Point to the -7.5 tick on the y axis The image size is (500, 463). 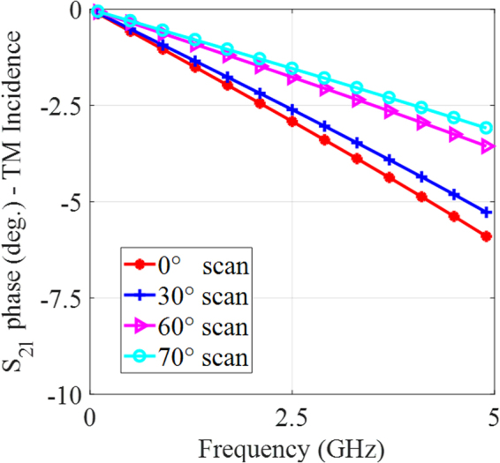tap(58, 297)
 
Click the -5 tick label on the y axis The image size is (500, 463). tap(71, 201)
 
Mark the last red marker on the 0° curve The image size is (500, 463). tap(486, 235)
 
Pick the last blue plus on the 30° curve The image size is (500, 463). tap(486, 212)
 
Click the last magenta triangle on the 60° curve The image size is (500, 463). tap(486, 146)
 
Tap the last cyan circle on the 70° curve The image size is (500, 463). tap(486, 128)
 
